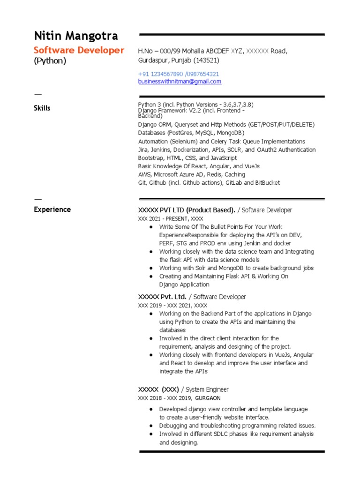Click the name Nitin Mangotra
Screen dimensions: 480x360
75,36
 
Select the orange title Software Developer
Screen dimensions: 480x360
79,50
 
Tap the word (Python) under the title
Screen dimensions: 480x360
50,61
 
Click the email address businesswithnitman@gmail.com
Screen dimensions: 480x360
180,82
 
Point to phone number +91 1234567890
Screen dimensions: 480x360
160,74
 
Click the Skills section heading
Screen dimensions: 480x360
42,108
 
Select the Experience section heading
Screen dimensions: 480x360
52,210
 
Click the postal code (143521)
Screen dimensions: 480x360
206,60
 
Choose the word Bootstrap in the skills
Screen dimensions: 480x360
151,158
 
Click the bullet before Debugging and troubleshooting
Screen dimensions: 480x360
150,426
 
